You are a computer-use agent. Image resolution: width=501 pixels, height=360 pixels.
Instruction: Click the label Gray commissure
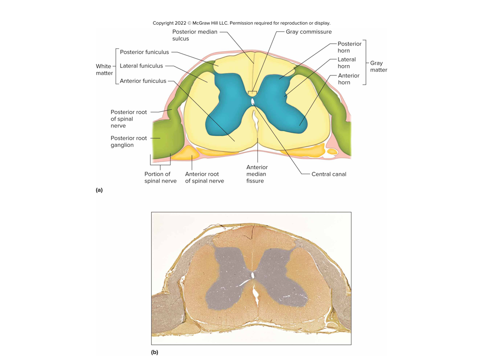pyautogui.click(x=308, y=32)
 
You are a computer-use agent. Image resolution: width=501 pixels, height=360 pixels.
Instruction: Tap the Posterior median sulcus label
pyautogui.click(x=194, y=35)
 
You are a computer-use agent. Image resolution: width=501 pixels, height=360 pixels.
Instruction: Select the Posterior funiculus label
pyautogui.click(x=144, y=52)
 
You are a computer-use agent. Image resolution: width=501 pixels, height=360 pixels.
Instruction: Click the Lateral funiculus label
pyautogui.click(x=141, y=66)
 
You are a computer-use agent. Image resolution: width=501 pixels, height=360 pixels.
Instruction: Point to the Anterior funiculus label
pyautogui.click(x=142, y=81)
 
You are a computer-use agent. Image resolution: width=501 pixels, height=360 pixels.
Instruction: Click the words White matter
pyautogui.click(x=104, y=69)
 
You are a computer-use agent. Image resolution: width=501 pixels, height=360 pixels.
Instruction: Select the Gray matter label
pyautogui.click(x=379, y=66)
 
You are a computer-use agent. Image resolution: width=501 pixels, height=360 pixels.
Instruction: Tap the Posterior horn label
pyautogui.click(x=349, y=47)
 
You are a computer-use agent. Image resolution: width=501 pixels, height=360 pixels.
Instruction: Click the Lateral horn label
pyautogui.click(x=346, y=63)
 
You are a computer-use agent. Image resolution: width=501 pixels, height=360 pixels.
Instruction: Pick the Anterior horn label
pyautogui.click(x=348, y=79)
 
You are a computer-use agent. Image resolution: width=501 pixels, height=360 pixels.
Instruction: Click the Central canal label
pyautogui.click(x=329, y=174)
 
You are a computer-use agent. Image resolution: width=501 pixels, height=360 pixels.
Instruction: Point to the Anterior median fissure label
pyautogui.click(x=257, y=174)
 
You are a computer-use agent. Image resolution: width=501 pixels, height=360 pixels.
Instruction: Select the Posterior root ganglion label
pyautogui.click(x=129, y=141)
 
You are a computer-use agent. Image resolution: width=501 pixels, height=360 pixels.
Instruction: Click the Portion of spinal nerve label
pyautogui.click(x=160, y=177)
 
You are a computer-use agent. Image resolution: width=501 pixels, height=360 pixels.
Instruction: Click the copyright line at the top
pyautogui.click(x=241, y=23)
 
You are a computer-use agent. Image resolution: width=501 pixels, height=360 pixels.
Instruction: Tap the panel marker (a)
pyautogui.click(x=99, y=190)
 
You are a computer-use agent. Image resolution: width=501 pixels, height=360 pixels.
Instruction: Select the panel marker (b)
pyautogui.click(x=155, y=352)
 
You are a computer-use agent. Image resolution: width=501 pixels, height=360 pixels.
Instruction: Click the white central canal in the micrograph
pyautogui.click(x=253, y=276)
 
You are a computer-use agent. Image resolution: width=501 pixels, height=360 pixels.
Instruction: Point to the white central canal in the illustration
pyautogui.click(x=252, y=101)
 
